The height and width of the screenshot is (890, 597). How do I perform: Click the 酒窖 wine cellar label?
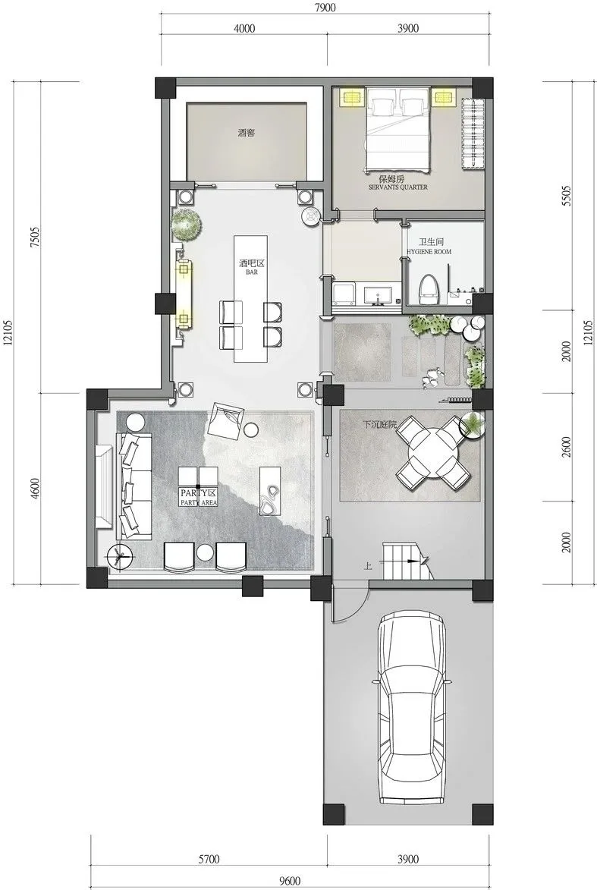click(x=247, y=134)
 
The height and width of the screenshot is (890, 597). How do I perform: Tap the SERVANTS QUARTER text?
click(x=397, y=187)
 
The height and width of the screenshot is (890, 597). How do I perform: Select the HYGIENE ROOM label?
click(x=429, y=251)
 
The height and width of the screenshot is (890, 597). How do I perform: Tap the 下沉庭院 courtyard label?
click(x=379, y=425)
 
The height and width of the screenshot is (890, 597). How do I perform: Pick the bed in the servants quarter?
click(x=397, y=128)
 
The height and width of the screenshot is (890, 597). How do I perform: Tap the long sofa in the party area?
click(x=134, y=486)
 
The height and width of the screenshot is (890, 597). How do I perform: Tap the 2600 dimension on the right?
click(x=565, y=447)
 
